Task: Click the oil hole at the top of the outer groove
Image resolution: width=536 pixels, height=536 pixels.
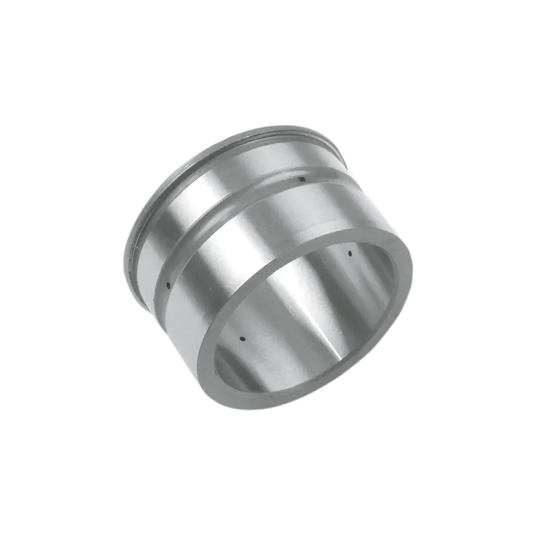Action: coord(302,179)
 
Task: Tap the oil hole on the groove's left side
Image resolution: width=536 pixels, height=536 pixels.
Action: coord(168,286)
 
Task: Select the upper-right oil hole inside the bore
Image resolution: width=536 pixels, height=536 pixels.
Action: coord(349,253)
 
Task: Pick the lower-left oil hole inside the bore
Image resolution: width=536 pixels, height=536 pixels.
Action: coord(242,339)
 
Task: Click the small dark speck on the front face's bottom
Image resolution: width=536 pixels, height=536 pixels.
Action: coord(272,397)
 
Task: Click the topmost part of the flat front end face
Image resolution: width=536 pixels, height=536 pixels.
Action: coord(348,232)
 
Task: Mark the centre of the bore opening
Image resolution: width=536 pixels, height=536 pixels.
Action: coord(306,322)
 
